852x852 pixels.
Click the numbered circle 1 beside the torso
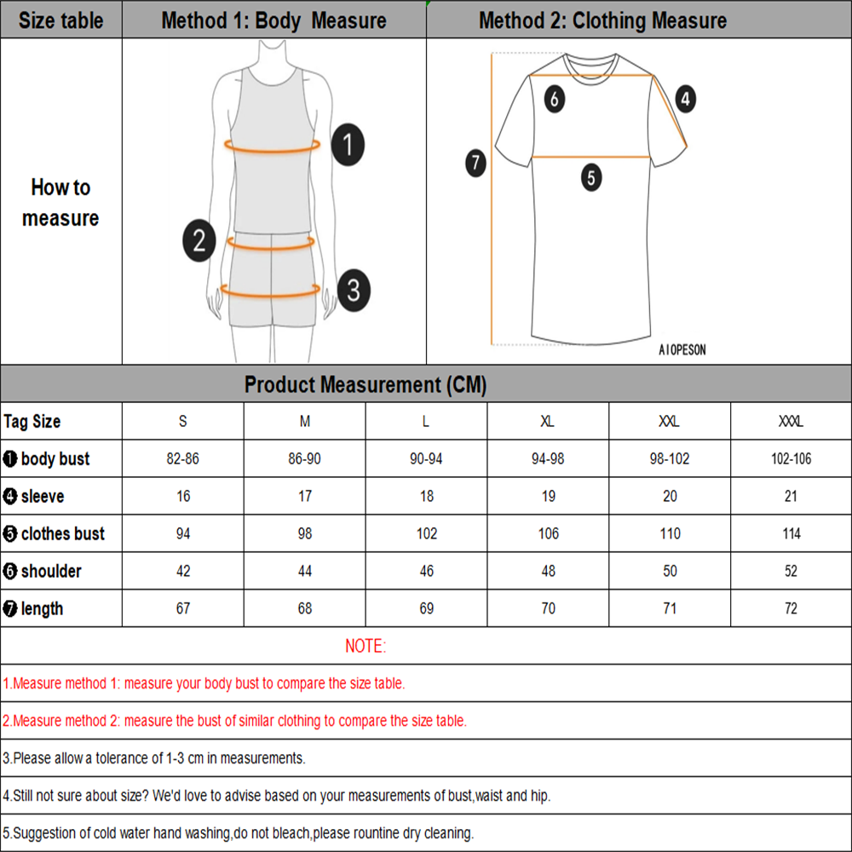tap(347, 145)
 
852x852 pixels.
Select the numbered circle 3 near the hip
tap(353, 290)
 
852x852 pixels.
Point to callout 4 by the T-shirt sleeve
tap(685, 99)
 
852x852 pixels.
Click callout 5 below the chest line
tap(591, 178)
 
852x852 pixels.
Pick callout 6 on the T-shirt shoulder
tap(554, 99)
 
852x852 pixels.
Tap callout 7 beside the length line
tap(475, 162)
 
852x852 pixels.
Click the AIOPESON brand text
tap(682, 350)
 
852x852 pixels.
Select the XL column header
tap(549, 422)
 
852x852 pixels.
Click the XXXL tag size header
tap(792, 422)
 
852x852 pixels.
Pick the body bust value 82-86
tap(183, 459)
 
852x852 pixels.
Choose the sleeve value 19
tap(549, 497)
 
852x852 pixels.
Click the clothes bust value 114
tap(792, 534)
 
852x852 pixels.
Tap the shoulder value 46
tap(427, 572)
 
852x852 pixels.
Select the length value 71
tap(671, 609)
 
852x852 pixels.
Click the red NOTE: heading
tap(366, 647)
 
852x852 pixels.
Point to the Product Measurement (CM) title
tap(366, 385)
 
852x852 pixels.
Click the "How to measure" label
tap(60, 203)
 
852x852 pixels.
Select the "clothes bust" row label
tap(62, 534)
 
